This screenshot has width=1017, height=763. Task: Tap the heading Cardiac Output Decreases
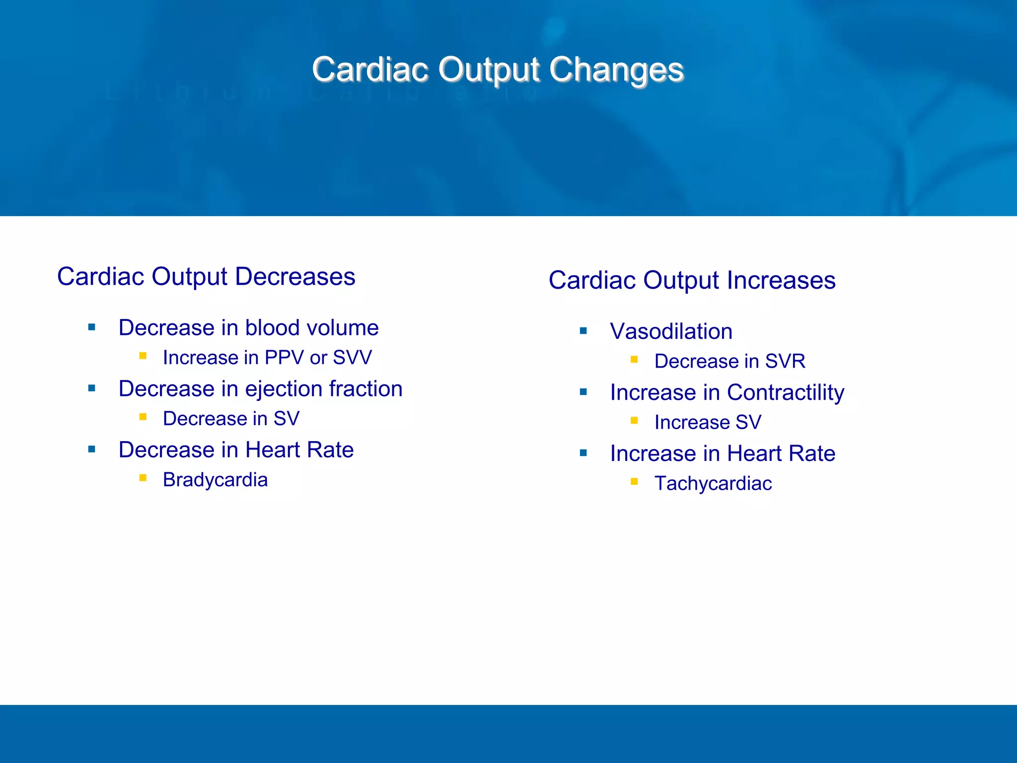point(206,277)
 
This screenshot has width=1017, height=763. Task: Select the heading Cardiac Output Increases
point(692,280)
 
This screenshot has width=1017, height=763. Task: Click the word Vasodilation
point(671,331)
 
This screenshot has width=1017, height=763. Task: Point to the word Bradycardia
point(215,480)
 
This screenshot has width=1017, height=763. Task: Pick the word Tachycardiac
point(713,483)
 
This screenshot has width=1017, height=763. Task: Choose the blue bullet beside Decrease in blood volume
point(92,327)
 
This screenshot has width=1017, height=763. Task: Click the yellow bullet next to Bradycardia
point(143,478)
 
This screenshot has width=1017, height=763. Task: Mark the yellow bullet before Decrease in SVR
point(634,359)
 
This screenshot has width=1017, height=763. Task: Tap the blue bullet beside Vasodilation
point(583,331)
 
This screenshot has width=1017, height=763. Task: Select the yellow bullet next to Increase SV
point(634,420)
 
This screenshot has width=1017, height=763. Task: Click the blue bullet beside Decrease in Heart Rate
point(92,450)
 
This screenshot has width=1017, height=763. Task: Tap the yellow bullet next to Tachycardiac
point(634,481)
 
